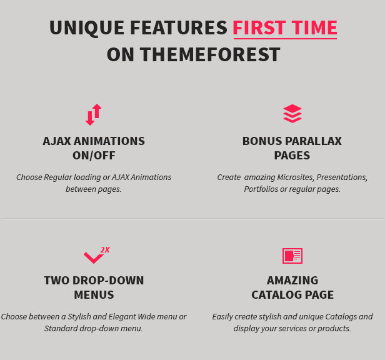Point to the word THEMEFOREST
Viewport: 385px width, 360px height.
point(210,54)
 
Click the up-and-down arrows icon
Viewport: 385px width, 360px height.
point(94,114)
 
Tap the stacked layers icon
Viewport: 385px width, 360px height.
point(292,114)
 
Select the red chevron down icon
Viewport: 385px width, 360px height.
point(94,257)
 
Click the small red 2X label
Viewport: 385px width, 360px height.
point(105,250)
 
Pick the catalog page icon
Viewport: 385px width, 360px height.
point(292,256)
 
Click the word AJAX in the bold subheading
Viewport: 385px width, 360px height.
point(57,141)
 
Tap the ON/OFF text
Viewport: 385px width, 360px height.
point(94,156)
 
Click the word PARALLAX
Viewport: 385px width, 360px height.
point(313,141)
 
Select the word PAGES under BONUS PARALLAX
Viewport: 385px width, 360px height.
point(292,156)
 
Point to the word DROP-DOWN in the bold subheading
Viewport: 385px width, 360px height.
point(108,281)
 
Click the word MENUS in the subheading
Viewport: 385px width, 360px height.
point(94,295)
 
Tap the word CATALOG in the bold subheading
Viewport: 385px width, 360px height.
point(277,295)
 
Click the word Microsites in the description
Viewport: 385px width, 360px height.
point(296,177)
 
